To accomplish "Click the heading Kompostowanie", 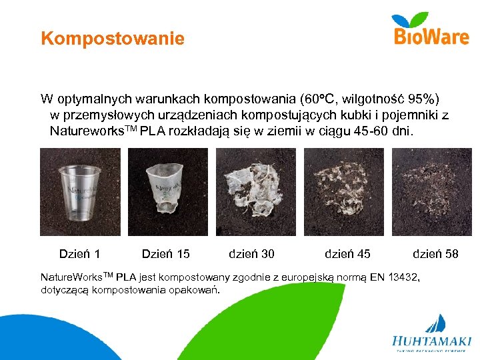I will pyautogui.click(x=112, y=39).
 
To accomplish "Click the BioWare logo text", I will pyautogui.click(x=431, y=37).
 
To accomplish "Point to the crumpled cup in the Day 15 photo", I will pyautogui.click(x=166, y=191).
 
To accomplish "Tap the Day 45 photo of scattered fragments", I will pyautogui.click(x=343, y=192).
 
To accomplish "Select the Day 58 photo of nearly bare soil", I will pyautogui.click(x=431, y=192).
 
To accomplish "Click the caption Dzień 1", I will pyautogui.click(x=80, y=254).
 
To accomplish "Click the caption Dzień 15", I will pyautogui.click(x=166, y=254).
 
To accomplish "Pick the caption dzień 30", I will pyautogui.click(x=251, y=254).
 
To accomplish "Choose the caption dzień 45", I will pyautogui.click(x=347, y=254).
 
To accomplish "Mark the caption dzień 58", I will pyautogui.click(x=435, y=254).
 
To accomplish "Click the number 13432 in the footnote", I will pyautogui.click(x=399, y=277).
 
